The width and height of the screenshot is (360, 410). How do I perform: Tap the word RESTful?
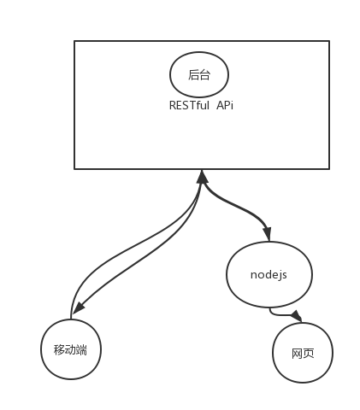(189, 105)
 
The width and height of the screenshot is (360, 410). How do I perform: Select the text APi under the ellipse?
(225, 105)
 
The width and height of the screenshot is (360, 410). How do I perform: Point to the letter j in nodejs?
(278, 275)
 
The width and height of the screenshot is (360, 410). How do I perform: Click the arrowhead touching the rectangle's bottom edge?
(202, 177)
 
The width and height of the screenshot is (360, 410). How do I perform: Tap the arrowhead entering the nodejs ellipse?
(268, 234)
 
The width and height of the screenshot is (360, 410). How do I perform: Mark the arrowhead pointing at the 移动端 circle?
(79, 307)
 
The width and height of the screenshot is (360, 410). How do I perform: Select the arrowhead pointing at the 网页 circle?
(297, 316)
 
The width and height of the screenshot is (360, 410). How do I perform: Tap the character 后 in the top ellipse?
(193, 75)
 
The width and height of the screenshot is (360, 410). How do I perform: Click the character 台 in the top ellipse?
(204, 75)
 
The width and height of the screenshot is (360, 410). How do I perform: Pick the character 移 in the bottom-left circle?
(59, 349)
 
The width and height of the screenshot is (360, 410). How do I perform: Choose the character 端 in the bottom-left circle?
(81, 349)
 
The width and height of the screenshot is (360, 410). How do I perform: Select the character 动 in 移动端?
(70, 349)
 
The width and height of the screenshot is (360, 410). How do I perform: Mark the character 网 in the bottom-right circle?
(297, 354)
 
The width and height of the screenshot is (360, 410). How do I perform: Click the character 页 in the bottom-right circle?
(309, 354)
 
